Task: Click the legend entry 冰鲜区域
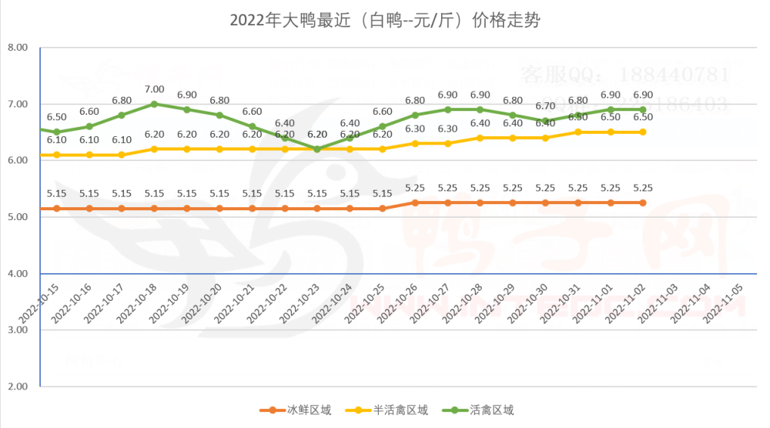296,410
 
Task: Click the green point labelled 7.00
155,104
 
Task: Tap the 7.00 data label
155,89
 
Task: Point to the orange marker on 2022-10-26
415,202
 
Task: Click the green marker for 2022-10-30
545,121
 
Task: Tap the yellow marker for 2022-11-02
643,132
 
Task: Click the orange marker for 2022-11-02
643,202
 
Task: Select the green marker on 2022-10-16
89,126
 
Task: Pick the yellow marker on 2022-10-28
480,138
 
